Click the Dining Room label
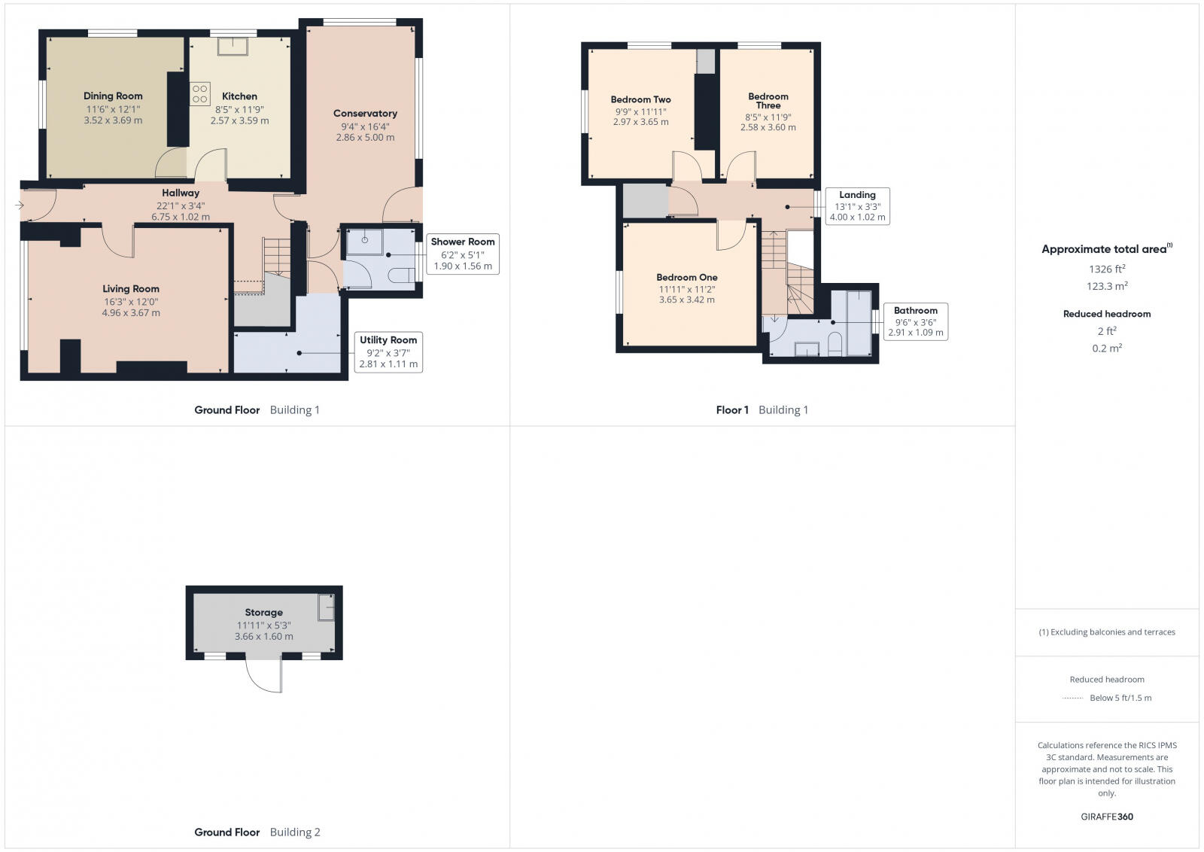(x=113, y=96)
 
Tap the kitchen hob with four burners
(x=200, y=94)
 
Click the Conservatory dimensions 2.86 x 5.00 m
(x=365, y=138)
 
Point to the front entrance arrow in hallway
(x=20, y=205)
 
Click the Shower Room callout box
(x=463, y=254)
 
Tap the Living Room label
(x=131, y=288)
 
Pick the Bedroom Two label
(x=640, y=99)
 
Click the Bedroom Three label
(x=768, y=101)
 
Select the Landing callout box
(x=857, y=206)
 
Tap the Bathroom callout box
(x=916, y=321)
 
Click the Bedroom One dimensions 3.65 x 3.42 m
(x=687, y=300)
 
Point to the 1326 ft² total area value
(x=1107, y=269)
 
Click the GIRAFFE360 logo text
(x=1107, y=817)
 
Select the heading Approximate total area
(x=1105, y=249)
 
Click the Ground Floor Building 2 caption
(x=257, y=832)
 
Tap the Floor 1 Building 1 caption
(x=762, y=409)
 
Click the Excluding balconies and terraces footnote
(x=1107, y=632)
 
